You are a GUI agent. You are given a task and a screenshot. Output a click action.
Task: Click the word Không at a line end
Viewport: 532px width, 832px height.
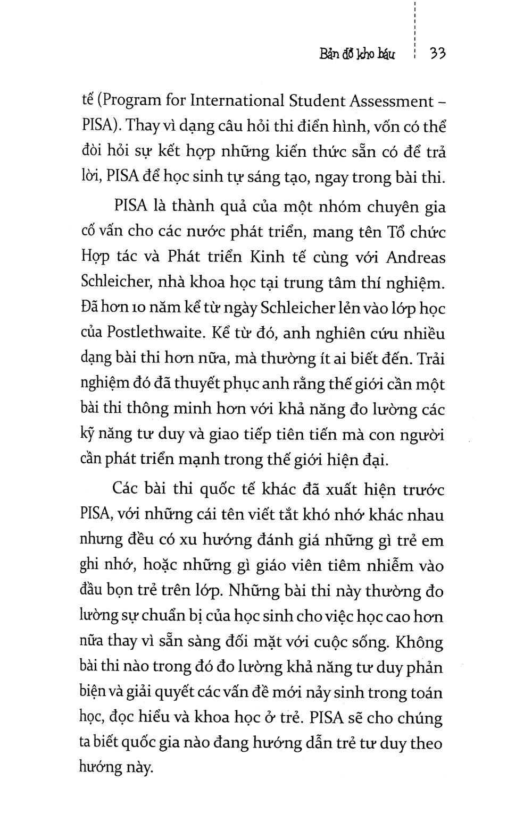click(x=420, y=642)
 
